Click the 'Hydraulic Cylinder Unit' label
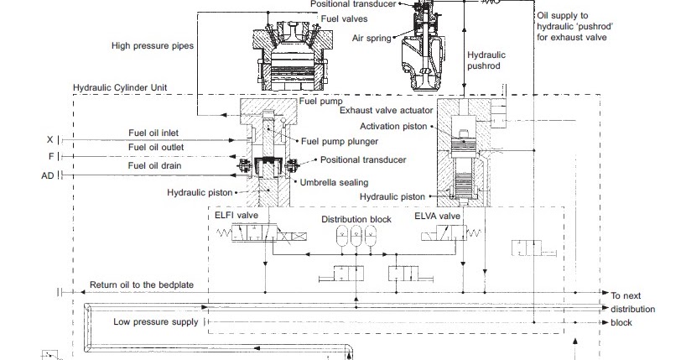click(122, 86)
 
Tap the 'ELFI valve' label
click(236, 215)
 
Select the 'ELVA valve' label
click(437, 215)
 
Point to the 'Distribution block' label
click(356, 220)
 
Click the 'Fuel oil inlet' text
click(154, 133)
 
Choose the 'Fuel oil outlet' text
click(156, 147)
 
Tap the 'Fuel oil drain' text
click(154, 165)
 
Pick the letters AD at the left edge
click(47, 175)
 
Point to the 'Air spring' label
click(371, 38)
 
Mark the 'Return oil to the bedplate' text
click(140, 285)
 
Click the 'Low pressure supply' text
click(156, 321)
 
